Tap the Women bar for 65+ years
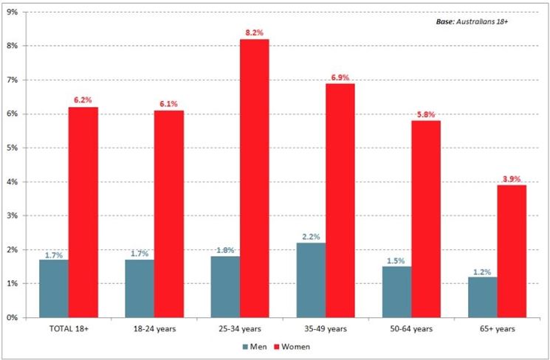pos(512,251)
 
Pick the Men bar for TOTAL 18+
pos(54,288)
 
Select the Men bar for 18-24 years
pos(140,288)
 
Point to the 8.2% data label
pos(255,33)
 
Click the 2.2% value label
pos(311,237)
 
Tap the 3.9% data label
pos(512,179)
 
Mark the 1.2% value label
pos(482,271)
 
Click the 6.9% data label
pos(340,77)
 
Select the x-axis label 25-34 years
pos(239,328)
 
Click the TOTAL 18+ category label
pos(68,328)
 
